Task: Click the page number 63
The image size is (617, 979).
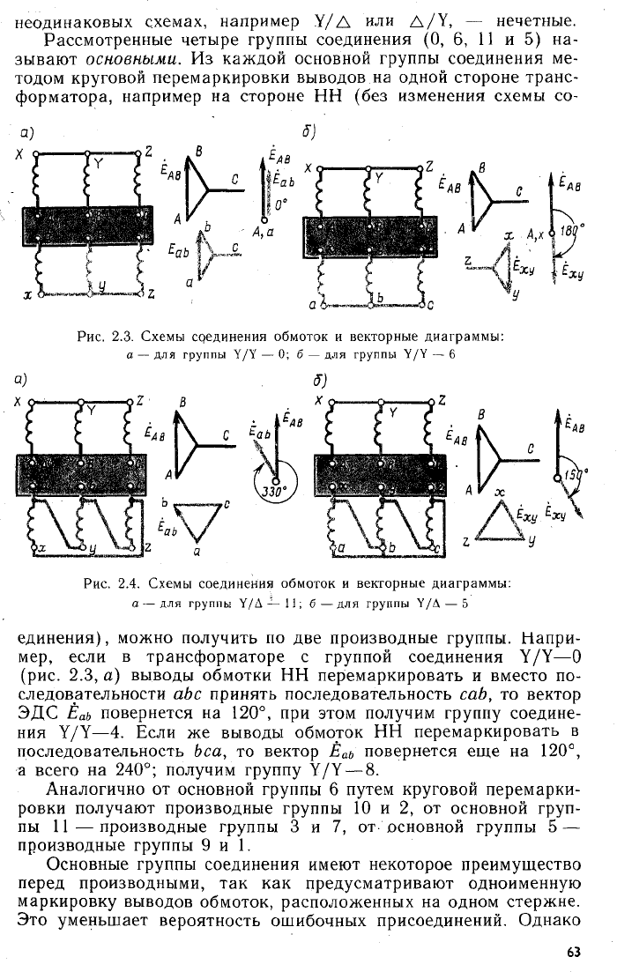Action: pos(573,953)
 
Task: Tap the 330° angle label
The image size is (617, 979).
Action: pos(273,491)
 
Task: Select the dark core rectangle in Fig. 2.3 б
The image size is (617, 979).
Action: pos(369,237)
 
